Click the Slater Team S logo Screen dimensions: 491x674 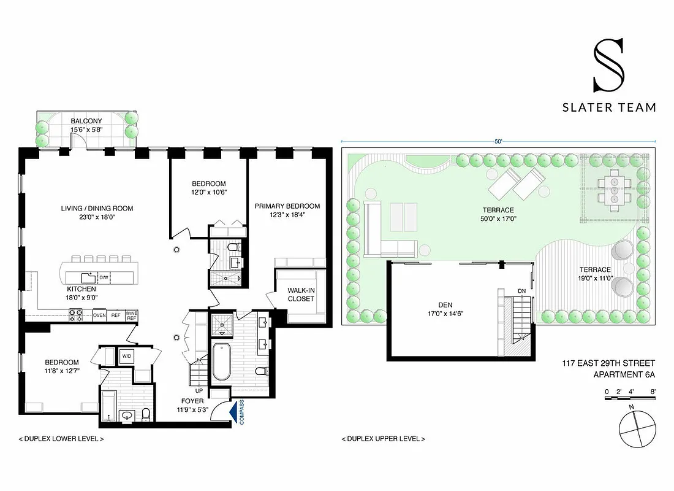[608, 64]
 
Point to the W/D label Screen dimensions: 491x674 [127, 355]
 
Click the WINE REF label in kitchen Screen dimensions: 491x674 [132, 315]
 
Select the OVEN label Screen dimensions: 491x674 [99, 315]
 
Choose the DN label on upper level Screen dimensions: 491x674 [521, 291]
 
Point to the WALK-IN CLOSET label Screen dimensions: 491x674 [301, 295]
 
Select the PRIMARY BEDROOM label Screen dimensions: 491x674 [287, 206]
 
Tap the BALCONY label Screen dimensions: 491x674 [86, 121]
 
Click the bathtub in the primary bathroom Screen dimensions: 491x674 [221, 362]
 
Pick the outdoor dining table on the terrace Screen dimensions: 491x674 [613, 190]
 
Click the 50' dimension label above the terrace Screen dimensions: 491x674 [498, 141]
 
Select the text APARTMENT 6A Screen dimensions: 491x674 [624, 375]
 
